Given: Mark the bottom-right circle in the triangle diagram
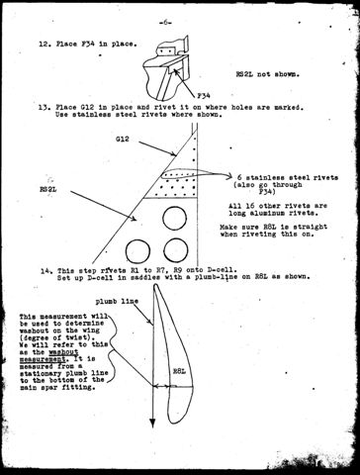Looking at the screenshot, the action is click(178, 246).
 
